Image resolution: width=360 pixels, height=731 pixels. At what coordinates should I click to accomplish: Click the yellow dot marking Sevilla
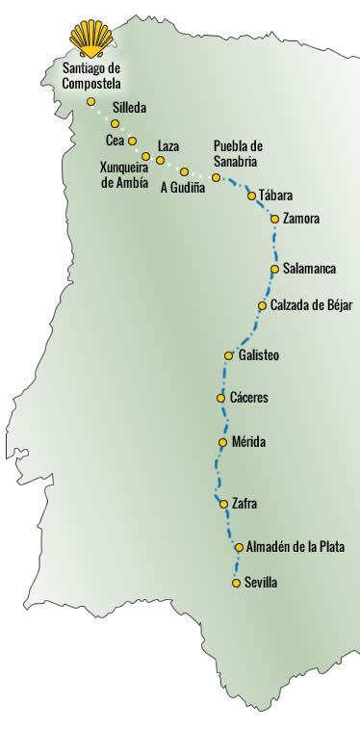(x=237, y=583)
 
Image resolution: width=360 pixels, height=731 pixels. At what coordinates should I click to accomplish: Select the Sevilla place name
(x=262, y=583)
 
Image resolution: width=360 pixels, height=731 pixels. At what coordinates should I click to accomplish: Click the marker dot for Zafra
(x=221, y=503)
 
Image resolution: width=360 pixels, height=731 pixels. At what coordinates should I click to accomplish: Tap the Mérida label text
(x=248, y=442)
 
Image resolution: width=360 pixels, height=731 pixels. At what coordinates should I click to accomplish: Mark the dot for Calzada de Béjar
(x=263, y=305)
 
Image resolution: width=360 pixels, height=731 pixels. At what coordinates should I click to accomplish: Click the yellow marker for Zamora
(x=275, y=220)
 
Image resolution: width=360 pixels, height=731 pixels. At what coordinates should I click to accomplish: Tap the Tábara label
(x=276, y=196)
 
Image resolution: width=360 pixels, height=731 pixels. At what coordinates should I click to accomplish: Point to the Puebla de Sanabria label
(x=238, y=153)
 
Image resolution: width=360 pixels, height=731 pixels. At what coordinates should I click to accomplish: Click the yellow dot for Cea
(x=133, y=141)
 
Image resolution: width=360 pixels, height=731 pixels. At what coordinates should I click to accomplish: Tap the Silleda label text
(x=130, y=109)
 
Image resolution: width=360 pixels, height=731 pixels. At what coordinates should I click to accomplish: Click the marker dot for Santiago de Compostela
(x=90, y=101)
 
